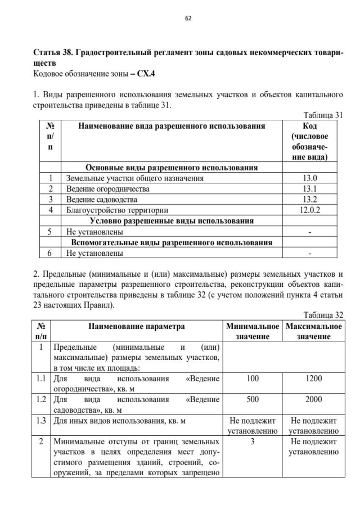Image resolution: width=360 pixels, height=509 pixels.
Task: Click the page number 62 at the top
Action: coord(188,18)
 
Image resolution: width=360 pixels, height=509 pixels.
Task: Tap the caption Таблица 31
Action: coord(323,115)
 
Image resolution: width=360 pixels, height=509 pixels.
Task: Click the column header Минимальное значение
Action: coord(253,331)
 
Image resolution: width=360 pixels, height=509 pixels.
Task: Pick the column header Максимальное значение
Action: coord(313,331)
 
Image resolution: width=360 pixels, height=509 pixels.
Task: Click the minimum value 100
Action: coord(253,379)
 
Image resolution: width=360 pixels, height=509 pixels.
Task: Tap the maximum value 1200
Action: coord(313,379)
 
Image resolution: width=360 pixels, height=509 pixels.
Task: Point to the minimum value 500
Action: coord(253,399)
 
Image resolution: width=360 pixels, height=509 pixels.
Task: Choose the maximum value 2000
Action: coord(313,399)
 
